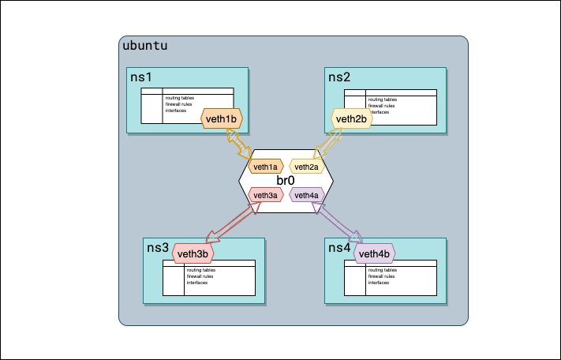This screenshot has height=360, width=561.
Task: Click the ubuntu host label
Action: pos(144,46)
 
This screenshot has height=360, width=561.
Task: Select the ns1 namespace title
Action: pos(140,77)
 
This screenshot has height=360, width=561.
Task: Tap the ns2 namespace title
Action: pos(339,77)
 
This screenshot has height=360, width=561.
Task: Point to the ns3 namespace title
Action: pos(158,248)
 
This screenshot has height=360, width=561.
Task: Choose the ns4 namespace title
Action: pos(339,248)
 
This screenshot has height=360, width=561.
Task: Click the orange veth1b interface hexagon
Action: pos(222,119)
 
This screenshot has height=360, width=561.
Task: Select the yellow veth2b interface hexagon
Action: pos(351,119)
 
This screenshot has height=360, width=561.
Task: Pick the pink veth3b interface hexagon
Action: pos(193,253)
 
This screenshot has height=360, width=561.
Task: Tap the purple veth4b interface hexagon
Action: pos(374,253)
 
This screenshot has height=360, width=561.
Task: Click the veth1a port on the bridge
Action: pos(265,167)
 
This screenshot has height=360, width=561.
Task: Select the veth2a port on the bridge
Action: pos(306,167)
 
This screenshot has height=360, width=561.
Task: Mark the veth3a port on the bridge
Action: pos(265,195)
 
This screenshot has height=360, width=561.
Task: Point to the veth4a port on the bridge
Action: pos(306,195)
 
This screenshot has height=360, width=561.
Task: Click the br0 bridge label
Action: pos(286,181)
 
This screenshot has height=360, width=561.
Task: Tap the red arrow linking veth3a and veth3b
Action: pos(232,221)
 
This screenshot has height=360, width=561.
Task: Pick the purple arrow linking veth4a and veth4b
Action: pos(338,221)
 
